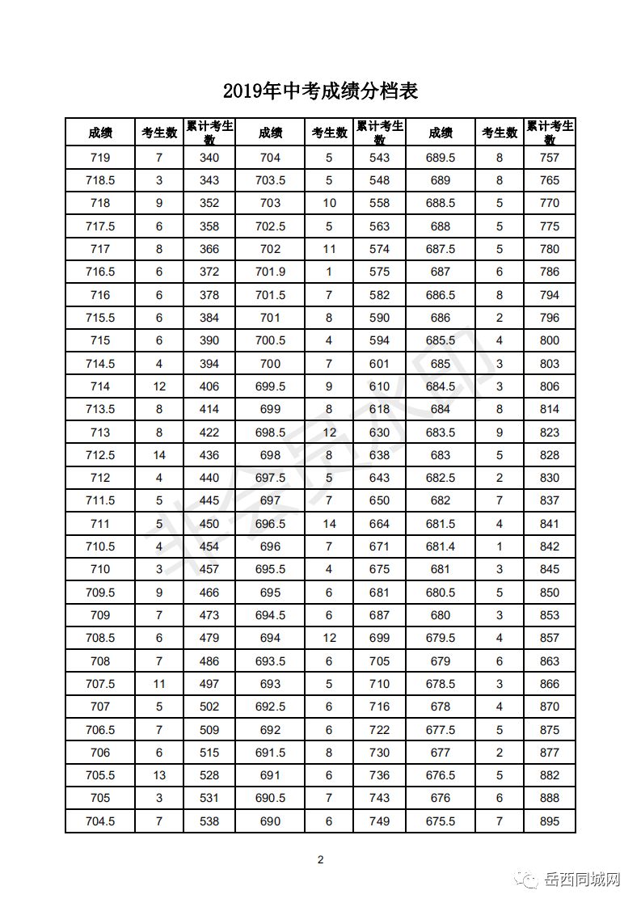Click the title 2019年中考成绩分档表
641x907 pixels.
[x=320, y=91]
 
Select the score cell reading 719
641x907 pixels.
[x=100, y=158]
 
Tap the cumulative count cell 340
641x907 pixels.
[x=209, y=158]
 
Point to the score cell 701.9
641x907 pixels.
[x=270, y=272]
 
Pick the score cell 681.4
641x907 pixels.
[x=441, y=546]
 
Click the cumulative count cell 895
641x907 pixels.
[x=550, y=821]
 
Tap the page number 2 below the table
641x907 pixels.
[x=320, y=859]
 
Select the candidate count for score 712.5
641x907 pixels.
[x=159, y=455]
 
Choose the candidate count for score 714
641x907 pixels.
[x=159, y=386]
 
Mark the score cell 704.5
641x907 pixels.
[x=100, y=821]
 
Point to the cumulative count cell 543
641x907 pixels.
[x=379, y=158]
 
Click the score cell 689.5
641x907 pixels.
[x=441, y=158]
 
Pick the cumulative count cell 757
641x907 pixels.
[x=550, y=158]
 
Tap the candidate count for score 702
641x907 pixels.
[x=329, y=249]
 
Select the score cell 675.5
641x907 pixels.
[x=441, y=821]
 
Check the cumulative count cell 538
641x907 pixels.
[x=209, y=821]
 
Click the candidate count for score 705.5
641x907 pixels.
[x=159, y=775]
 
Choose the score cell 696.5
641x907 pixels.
[x=270, y=524]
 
